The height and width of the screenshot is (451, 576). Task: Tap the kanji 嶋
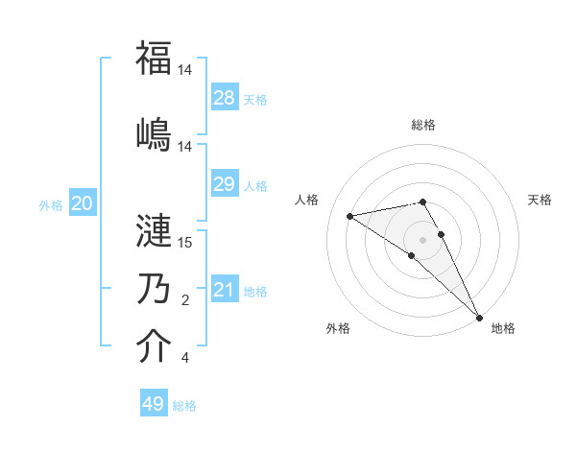pos(154,133)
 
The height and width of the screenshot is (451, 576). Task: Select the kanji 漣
pos(154,231)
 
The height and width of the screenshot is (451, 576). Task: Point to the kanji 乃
pos(154,289)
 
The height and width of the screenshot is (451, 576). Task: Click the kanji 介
pos(154,346)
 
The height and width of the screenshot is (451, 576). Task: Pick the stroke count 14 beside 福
pos(185,70)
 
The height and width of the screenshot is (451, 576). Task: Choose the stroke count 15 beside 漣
pos(185,243)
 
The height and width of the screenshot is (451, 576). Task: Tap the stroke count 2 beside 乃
pos(184,300)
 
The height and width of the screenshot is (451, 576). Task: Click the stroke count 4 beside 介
pos(184,359)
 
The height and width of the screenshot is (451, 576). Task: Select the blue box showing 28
pos(225,98)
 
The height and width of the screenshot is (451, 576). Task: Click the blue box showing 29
pos(225,184)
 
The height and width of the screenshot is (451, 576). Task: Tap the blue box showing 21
pos(225,290)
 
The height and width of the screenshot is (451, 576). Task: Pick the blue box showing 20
pos(83,203)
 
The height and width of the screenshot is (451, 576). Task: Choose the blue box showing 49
pos(154,404)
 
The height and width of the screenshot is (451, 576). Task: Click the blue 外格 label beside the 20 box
pos(51,204)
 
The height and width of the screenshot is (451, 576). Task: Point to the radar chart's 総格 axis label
pos(423,125)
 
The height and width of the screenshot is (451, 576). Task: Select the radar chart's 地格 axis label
pos(503,328)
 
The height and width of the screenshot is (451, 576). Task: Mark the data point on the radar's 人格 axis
pos(350,216)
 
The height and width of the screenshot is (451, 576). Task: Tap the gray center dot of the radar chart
pos(422,239)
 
